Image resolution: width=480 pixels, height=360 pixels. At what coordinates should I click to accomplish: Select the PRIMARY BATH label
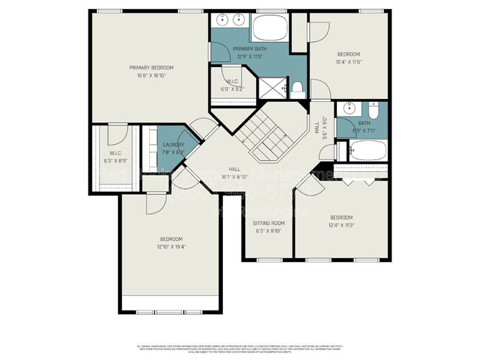pos(250,49)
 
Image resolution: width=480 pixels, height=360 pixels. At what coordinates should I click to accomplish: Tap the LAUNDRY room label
pos(174,145)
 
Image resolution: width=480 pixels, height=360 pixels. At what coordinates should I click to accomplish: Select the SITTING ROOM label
pos(268,223)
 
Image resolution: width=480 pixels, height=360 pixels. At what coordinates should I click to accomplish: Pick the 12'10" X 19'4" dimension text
pos(171,246)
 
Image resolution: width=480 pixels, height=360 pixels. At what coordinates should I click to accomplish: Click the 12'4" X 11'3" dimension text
pos(340,225)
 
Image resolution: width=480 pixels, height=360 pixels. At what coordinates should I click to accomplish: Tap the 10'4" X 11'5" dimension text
pos(348,62)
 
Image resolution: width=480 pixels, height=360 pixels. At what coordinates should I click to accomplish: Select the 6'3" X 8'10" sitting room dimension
pos(268,230)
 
